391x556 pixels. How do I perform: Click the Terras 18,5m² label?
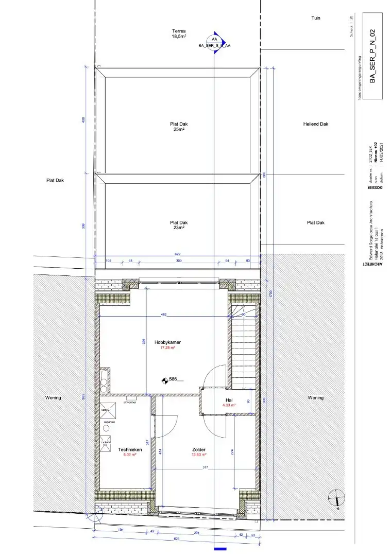(178, 34)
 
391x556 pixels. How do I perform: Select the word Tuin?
(316, 18)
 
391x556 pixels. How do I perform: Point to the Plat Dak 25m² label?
(178, 127)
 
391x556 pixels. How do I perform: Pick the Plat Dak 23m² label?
(178, 225)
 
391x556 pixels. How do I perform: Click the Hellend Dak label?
(316, 124)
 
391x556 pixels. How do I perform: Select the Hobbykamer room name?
(167, 342)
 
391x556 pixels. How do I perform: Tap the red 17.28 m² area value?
(167, 348)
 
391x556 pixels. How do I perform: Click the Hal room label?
(229, 400)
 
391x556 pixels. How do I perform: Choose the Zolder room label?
(199, 449)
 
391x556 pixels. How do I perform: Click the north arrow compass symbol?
(336, 498)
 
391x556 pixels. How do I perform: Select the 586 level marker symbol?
(165, 380)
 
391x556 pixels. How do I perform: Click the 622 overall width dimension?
(178, 254)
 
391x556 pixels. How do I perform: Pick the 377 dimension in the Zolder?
(206, 467)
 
